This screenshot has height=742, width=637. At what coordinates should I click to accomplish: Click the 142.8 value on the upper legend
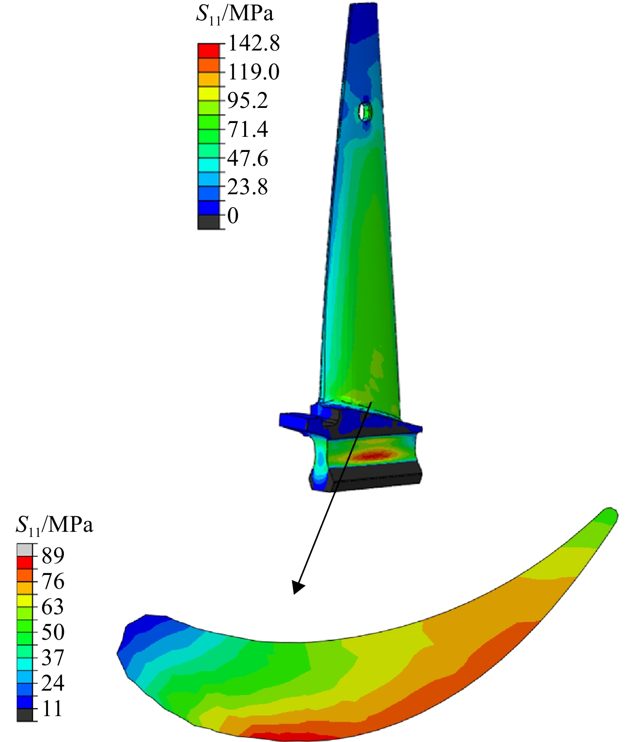(254, 44)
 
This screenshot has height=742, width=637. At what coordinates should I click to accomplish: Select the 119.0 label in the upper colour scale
(254, 72)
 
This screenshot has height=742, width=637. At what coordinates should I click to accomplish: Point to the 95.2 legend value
(248, 101)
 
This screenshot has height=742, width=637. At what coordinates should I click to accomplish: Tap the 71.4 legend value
(248, 129)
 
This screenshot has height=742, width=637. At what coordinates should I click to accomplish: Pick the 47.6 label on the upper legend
(248, 158)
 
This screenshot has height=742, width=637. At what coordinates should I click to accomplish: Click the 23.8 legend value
(248, 187)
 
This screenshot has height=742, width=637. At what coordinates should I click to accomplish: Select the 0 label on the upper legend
(233, 215)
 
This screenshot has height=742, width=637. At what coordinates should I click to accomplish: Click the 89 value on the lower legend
(53, 556)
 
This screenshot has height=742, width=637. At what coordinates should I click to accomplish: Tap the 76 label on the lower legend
(53, 581)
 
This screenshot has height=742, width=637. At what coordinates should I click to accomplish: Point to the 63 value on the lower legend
(53, 607)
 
